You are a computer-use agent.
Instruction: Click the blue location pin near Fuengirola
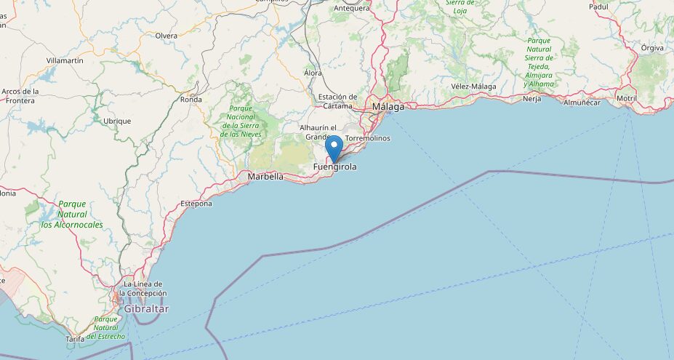pyautogui.click(x=334, y=148)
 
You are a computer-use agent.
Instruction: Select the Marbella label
pyautogui.click(x=265, y=176)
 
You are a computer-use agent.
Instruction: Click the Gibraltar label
pyautogui.click(x=145, y=309)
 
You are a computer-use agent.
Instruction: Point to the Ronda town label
pyautogui.click(x=190, y=100)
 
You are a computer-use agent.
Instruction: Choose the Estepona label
pyautogui.click(x=196, y=204)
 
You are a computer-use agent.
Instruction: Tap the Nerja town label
pyautogui.click(x=531, y=99)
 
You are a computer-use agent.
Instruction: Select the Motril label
pyautogui.click(x=626, y=98)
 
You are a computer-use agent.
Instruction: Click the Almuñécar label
pyautogui.click(x=582, y=103)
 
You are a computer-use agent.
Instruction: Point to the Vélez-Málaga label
pyautogui.click(x=473, y=87)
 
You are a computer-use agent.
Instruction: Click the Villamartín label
pyautogui.click(x=65, y=60)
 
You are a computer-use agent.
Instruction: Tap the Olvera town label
pyautogui.click(x=166, y=36)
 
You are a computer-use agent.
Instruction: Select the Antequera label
pyautogui.click(x=351, y=9)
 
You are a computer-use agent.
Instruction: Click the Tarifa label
pyautogui.click(x=75, y=339)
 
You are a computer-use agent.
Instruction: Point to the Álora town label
pyautogui.click(x=313, y=73)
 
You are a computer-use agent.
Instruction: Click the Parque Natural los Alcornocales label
pyautogui.click(x=72, y=215)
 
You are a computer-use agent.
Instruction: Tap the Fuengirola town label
pyautogui.click(x=334, y=167)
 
